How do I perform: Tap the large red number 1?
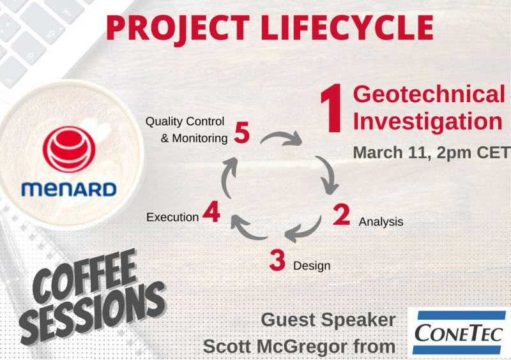pos(333,111)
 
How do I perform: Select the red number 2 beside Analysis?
pos(342,216)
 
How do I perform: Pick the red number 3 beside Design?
pos(277,260)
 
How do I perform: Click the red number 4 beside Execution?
pos(211,213)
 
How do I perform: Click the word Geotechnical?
pos(429,94)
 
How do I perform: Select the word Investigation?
pos(427,121)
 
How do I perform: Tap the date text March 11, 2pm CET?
pos(431,153)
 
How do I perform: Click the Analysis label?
pos(381,222)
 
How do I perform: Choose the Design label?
pos(312,266)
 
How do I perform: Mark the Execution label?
pos(172,217)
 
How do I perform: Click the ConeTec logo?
pos(459,332)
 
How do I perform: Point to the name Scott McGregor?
pos(268,347)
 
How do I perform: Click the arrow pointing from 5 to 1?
pos(281,136)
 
